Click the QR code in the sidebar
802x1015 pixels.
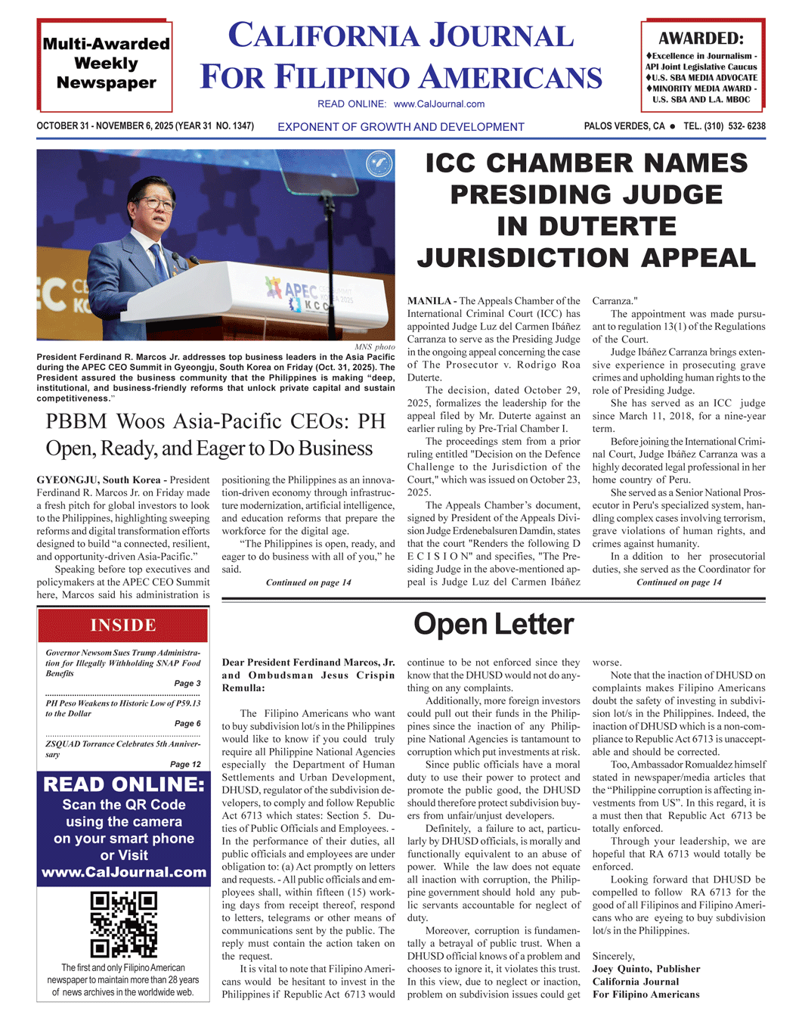(124, 924)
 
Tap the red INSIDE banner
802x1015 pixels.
(123, 625)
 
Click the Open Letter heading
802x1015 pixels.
(494, 624)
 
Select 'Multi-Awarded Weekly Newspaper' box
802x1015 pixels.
(106, 64)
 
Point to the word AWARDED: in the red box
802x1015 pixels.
(701, 39)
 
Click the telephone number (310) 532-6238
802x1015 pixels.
(724, 126)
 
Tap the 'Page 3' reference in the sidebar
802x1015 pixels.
(187, 683)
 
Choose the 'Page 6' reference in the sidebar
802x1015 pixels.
(187, 723)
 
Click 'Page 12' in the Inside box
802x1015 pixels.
(185, 764)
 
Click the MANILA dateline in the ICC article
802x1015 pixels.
(430, 301)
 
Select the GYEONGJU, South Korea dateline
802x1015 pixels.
(98, 480)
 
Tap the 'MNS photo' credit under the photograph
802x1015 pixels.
(374, 346)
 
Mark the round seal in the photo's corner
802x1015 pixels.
(379, 164)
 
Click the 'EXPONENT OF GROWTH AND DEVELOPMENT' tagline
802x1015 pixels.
(401, 127)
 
